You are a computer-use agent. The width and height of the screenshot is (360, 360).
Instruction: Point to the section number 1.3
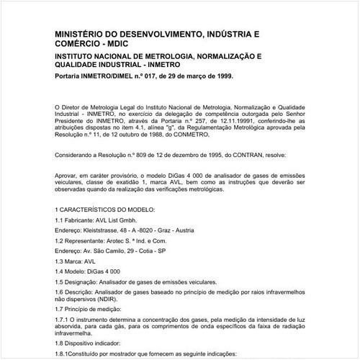click(x=60, y=264)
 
